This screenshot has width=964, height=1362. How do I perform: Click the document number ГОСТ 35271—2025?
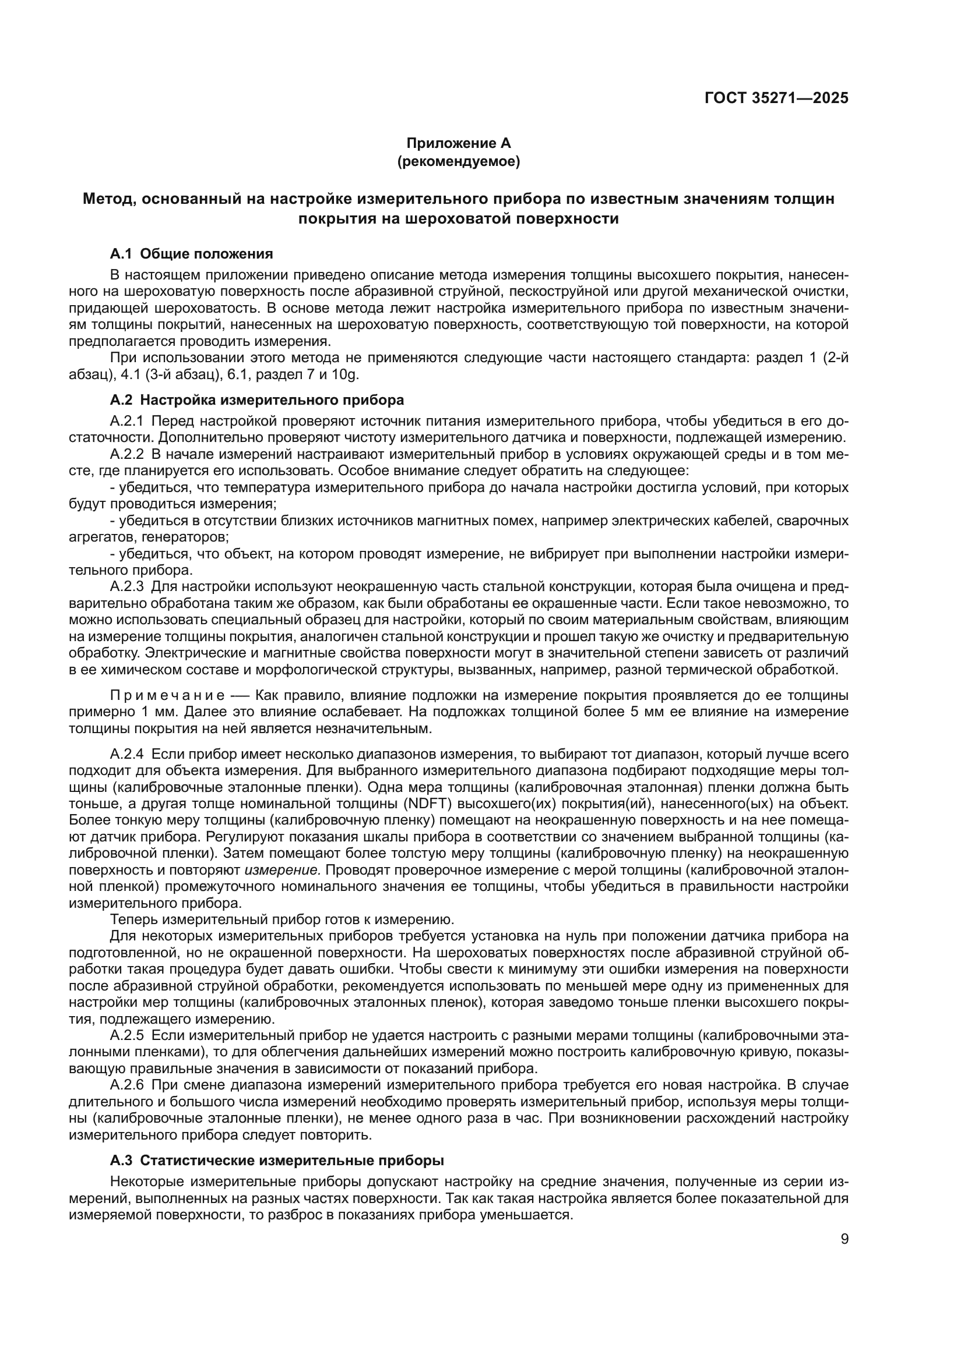pos(776,98)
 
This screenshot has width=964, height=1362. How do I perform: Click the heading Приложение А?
pos(458,143)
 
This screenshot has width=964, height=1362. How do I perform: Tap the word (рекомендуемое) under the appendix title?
pos(458,161)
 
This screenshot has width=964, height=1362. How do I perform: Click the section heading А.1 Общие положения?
pos(191,254)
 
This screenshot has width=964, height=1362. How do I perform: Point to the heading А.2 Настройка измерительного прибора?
pos(256,400)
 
